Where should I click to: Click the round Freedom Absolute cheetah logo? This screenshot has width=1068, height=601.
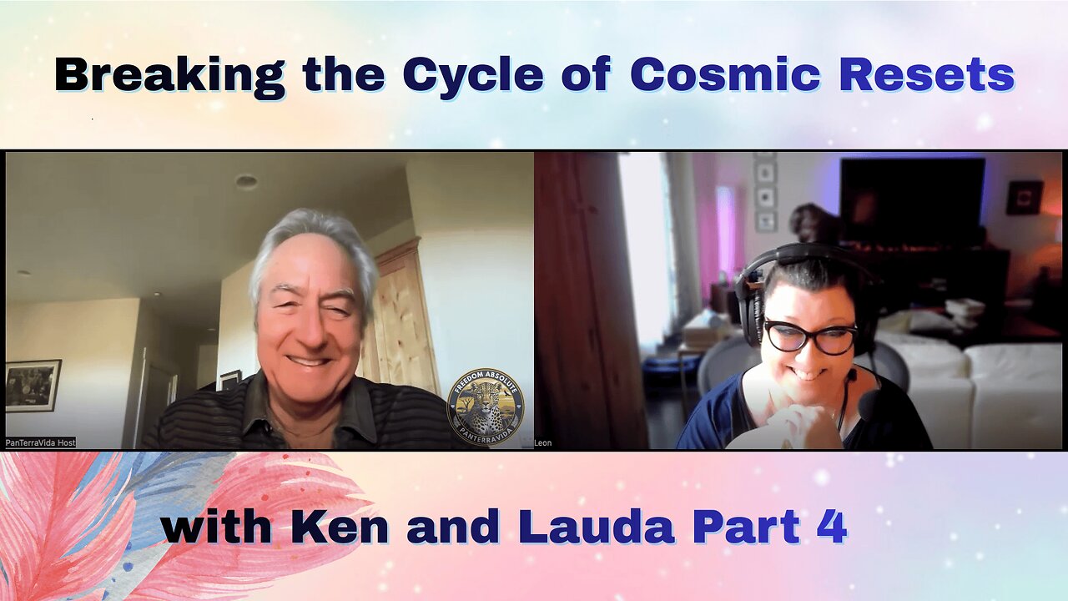click(486, 407)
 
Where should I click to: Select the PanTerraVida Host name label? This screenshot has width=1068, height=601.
click(41, 442)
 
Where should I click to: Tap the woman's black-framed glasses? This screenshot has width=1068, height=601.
click(810, 337)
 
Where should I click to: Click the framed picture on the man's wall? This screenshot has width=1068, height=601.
click(33, 386)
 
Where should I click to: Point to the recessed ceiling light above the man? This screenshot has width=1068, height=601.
click(245, 181)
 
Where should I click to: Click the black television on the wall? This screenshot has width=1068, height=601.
click(911, 201)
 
